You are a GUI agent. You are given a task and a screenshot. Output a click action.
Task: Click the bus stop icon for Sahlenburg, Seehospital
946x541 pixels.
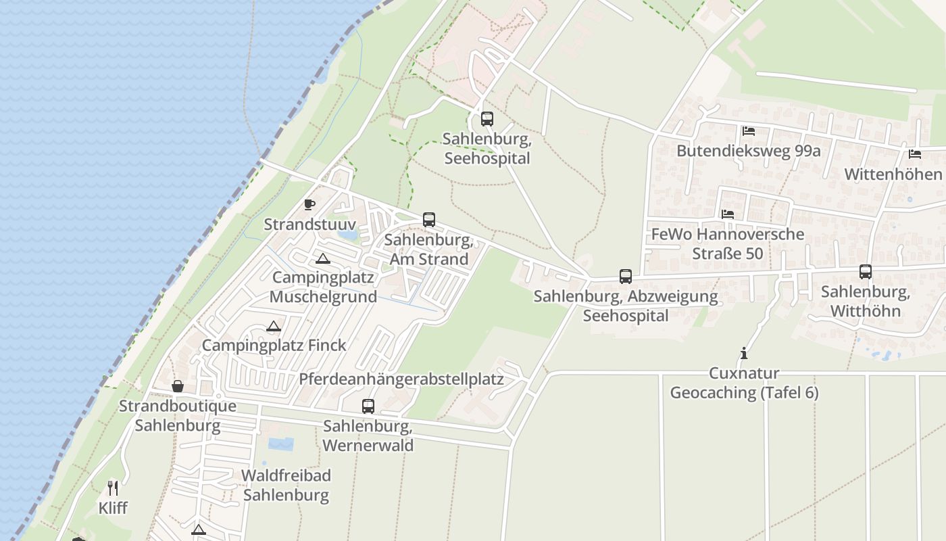pos(487,119)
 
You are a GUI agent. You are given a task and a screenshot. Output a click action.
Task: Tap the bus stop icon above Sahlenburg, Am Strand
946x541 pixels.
pos(429,220)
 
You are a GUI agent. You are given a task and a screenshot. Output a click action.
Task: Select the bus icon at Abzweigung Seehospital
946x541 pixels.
pos(626,277)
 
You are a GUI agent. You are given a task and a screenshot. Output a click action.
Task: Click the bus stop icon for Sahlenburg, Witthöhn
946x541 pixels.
pos(866,272)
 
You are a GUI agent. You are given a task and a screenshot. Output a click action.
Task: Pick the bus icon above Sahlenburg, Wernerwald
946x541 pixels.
pos(368,406)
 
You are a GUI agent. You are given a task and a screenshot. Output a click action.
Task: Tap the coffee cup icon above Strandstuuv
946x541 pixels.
pos(309,204)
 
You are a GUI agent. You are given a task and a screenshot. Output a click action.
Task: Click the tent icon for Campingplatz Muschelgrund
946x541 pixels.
pos(323,258)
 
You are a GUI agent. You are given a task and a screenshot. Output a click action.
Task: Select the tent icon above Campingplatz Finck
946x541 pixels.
pos(274,327)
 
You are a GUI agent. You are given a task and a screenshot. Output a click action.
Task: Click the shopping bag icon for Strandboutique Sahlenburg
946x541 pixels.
pos(178,386)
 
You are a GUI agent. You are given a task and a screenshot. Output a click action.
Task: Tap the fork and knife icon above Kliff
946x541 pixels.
pos(113,488)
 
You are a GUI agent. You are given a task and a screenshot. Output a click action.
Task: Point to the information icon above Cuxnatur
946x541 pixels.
pos(744,353)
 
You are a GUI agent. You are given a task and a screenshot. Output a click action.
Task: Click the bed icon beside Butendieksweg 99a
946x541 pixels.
pos(749,131)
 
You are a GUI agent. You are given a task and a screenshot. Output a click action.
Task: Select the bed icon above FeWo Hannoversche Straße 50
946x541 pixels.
pos(728,214)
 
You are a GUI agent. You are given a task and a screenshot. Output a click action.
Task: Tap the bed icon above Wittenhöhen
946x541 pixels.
pos(915,154)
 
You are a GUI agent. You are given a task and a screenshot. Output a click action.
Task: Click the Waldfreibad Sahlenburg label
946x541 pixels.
pos(286,486)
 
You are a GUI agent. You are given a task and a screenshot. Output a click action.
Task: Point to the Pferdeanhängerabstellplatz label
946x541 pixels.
pos(401,379)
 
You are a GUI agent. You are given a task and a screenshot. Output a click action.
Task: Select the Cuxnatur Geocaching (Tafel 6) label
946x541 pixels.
pos(744,383)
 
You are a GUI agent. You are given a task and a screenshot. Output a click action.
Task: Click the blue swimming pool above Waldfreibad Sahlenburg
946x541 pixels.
pos(281,444)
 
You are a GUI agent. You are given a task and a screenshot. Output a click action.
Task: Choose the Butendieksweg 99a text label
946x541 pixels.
pos(749,150)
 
